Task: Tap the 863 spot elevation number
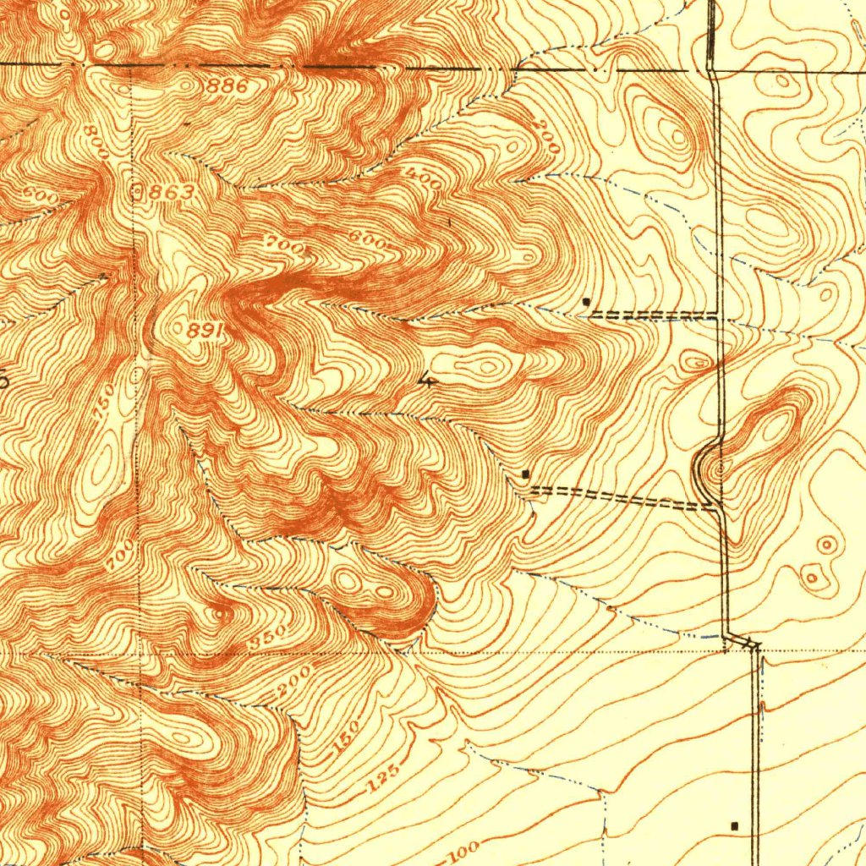click(x=172, y=193)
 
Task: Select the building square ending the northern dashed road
click(x=587, y=301)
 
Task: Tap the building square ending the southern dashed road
click(x=526, y=474)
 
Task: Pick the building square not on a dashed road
click(x=734, y=825)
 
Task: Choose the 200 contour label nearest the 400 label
click(x=547, y=136)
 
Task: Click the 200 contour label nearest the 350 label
click(x=292, y=682)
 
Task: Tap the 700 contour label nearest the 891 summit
click(x=279, y=244)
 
